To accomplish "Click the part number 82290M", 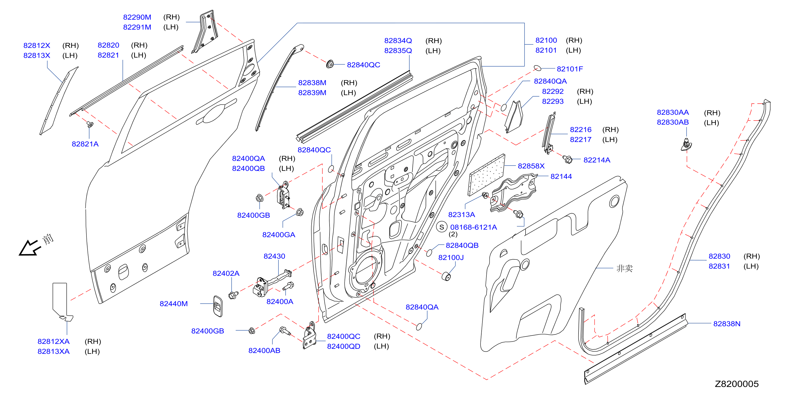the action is [137, 17].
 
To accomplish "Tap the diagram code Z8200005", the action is [737, 384].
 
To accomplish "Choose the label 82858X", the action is [531, 166].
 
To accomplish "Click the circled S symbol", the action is [442, 227].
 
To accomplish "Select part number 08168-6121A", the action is [474, 227].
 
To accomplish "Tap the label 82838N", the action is [727, 324].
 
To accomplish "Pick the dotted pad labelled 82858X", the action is [486, 175].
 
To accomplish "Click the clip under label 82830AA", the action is [686, 145].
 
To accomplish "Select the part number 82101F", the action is [570, 69].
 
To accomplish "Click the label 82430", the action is [274, 256].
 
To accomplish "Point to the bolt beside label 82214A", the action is [567, 159].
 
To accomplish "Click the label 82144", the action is [561, 176].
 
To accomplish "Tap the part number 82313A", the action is [462, 215].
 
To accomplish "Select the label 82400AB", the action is [264, 350].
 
